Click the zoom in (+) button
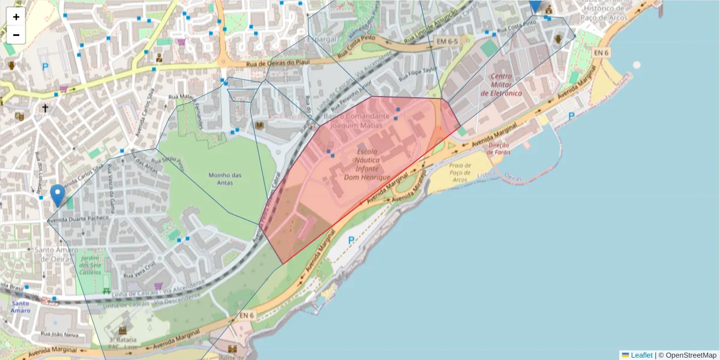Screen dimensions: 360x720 16,17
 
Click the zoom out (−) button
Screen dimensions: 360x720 16,35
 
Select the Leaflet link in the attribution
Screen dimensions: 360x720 641,355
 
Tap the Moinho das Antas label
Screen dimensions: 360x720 224,179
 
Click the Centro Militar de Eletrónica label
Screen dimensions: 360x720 505,85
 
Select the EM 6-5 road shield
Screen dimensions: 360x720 446,41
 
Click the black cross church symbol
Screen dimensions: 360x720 45,109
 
